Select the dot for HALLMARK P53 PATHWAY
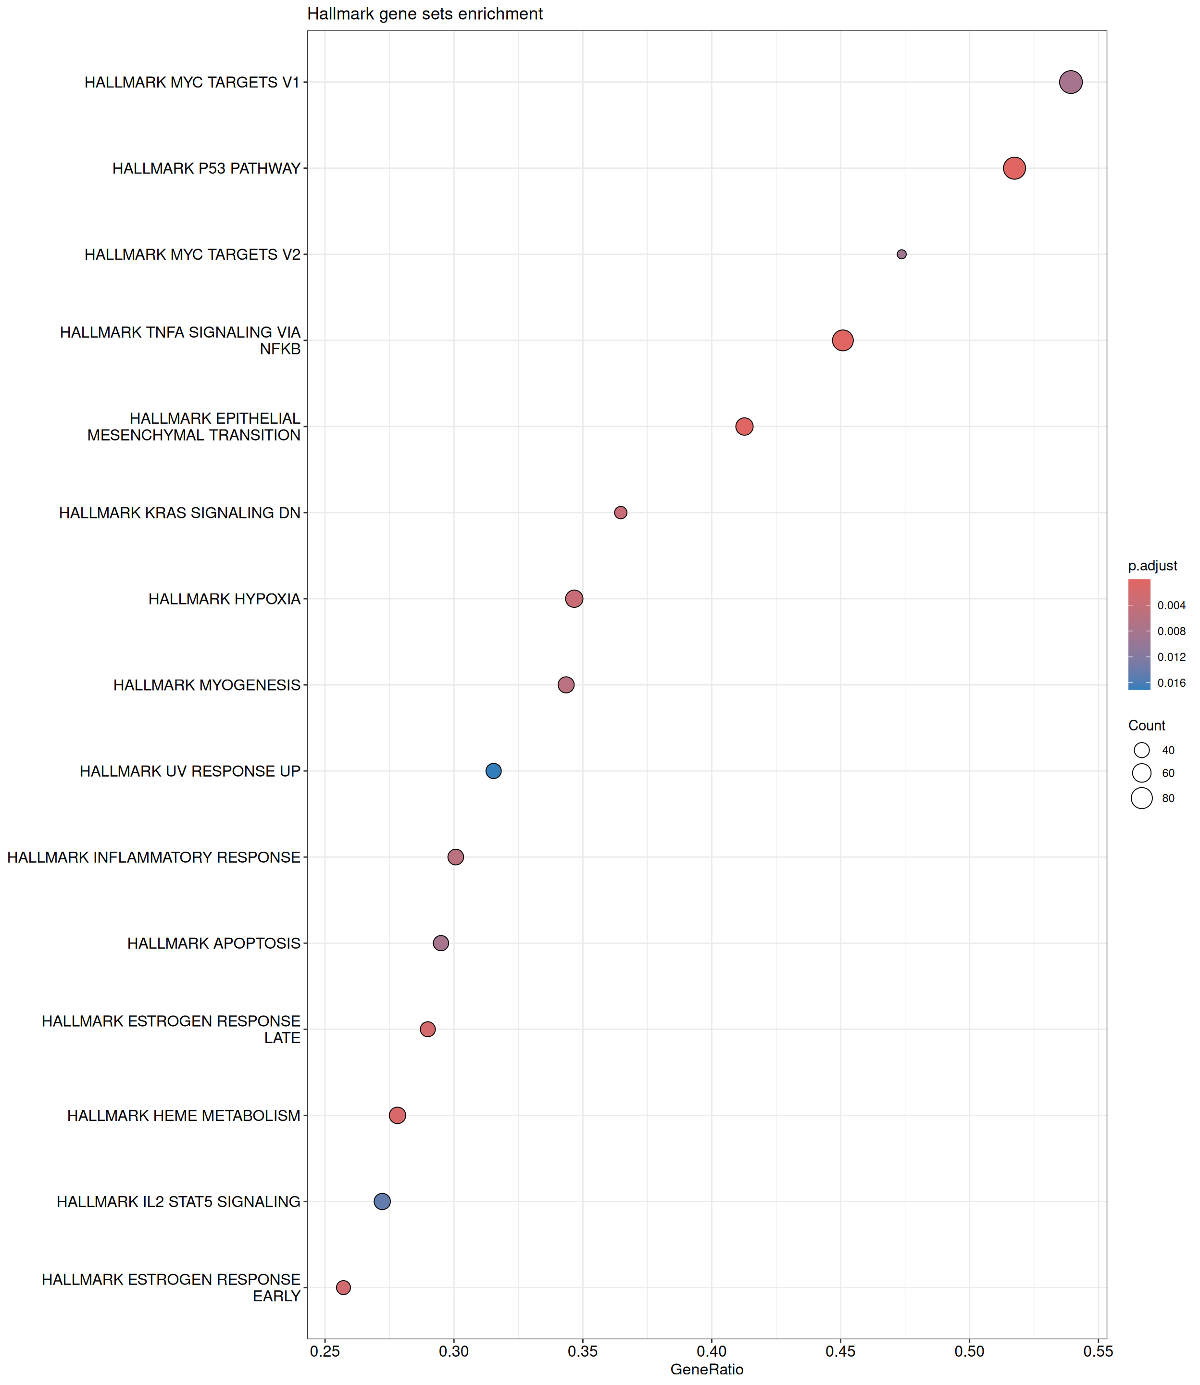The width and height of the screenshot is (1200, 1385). pyautogui.click(x=1014, y=168)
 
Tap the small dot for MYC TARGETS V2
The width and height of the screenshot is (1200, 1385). pyautogui.click(x=901, y=254)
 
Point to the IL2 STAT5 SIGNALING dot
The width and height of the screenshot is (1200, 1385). pyautogui.click(x=382, y=1201)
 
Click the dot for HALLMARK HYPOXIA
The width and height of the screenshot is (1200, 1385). pyautogui.click(x=574, y=599)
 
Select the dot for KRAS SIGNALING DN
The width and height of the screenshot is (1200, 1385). pyautogui.click(x=621, y=512)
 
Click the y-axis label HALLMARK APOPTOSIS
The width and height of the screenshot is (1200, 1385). pyautogui.click(x=213, y=943)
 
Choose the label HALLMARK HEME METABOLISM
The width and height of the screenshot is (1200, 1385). pyautogui.click(x=184, y=1116)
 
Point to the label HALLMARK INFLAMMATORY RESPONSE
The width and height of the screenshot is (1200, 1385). pyautogui.click(x=154, y=857)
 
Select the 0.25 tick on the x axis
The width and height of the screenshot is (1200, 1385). pyautogui.click(x=325, y=1351)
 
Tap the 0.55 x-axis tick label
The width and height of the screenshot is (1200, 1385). pyautogui.click(x=1098, y=1351)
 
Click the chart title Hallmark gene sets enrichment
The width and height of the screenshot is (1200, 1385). pyautogui.click(x=425, y=14)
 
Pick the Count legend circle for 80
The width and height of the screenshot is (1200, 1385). pyautogui.click(x=1142, y=798)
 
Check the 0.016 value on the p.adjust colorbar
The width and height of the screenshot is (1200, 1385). pyautogui.click(x=1171, y=683)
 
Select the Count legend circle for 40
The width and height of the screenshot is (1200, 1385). pyautogui.click(x=1142, y=750)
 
